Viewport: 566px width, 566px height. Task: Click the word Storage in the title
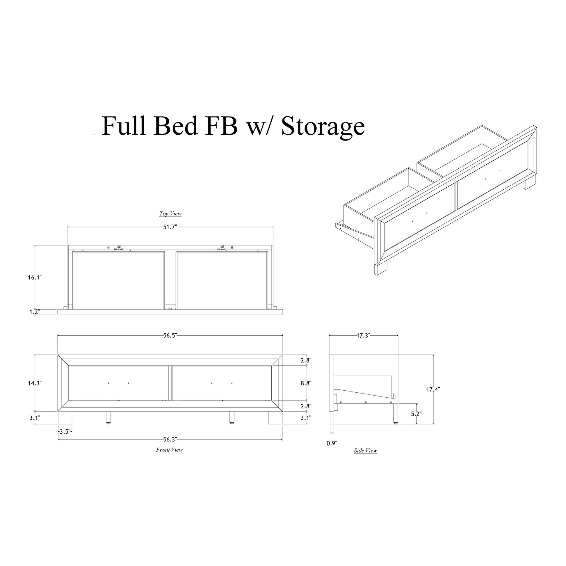pyautogui.click(x=323, y=126)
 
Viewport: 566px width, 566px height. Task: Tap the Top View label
pyautogui.click(x=170, y=213)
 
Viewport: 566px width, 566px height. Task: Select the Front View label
pyautogui.click(x=169, y=450)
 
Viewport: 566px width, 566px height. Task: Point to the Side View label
pyautogui.click(x=365, y=451)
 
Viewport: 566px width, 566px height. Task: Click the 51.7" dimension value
pyautogui.click(x=170, y=227)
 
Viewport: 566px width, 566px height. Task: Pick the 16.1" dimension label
pyautogui.click(x=35, y=277)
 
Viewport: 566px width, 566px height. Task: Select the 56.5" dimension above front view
pyautogui.click(x=170, y=336)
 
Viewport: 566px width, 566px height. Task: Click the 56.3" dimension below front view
pyautogui.click(x=170, y=439)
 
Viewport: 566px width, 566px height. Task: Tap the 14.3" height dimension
pyautogui.click(x=35, y=383)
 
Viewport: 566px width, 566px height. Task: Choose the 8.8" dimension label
pyautogui.click(x=306, y=383)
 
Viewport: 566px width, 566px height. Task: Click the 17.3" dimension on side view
pyautogui.click(x=364, y=335)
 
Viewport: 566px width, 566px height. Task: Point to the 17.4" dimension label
pyautogui.click(x=433, y=389)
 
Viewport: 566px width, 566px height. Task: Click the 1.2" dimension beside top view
pyautogui.click(x=34, y=312)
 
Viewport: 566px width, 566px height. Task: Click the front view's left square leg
pyautogui.click(x=65, y=418)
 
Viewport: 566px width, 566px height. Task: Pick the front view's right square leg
pyautogui.click(x=275, y=418)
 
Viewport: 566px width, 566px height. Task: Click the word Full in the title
pyautogui.click(x=123, y=126)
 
